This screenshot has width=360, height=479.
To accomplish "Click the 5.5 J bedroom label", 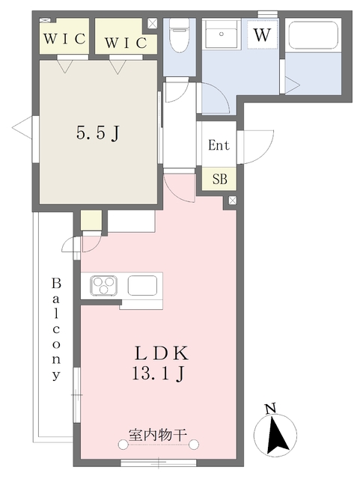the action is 98,133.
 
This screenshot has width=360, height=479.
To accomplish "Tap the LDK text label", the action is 161,353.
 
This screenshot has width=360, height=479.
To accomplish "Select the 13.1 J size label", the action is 159,373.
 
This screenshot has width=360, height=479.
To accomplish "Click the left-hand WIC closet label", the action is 64,39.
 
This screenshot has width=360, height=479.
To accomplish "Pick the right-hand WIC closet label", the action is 126,43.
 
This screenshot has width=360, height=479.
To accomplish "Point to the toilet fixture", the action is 180,35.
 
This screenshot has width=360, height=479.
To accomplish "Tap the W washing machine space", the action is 263,35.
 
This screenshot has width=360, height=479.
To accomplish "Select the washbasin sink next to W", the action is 222,34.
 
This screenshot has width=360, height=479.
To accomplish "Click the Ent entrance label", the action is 219,144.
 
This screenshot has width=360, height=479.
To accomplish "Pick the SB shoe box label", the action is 220,179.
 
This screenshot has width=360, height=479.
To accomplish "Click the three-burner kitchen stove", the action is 104,286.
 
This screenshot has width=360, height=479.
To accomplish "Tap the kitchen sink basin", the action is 142,286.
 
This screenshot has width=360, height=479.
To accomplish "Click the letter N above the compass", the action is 270,409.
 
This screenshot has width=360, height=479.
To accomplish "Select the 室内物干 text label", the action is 157,435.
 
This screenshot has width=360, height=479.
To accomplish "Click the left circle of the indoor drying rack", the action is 123,445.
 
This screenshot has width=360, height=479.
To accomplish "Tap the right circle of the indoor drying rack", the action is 194,445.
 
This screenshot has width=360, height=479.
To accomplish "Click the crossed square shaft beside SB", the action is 233,200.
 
